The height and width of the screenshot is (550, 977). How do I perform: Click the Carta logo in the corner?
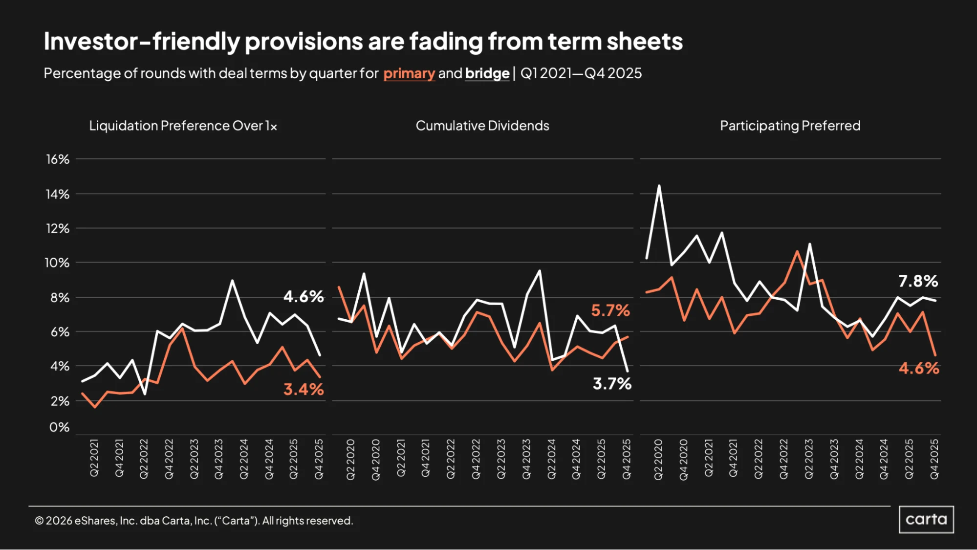click(x=926, y=519)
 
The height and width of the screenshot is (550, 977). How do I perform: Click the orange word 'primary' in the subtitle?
click(x=409, y=73)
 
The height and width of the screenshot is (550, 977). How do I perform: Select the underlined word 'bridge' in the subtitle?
click(x=487, y=73)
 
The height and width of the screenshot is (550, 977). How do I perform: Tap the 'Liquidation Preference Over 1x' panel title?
click(x=183, y=126)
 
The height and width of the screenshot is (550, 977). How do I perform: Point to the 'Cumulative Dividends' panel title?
click(x=482, y=126)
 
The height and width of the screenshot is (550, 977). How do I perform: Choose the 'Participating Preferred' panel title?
click(x=790, y=126)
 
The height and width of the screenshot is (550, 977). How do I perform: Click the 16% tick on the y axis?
click(x=58, y=159)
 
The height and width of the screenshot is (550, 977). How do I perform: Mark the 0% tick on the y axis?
click(x=60, y=427)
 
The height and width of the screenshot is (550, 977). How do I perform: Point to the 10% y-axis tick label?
click(x=57, y=263)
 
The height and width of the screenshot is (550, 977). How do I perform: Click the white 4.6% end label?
click(x=304, y=296)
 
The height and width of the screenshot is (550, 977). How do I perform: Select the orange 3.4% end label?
click(x=304, y=389)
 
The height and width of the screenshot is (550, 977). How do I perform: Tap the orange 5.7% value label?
click(x=610, y=310)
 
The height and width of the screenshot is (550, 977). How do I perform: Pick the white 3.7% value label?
click(x=612, y=383)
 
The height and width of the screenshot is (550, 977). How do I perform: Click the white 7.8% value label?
click(x=918, y=281)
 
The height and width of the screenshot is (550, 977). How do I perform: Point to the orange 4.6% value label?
click(x=919, y=368)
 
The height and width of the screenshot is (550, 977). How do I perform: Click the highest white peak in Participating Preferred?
click(x=659, y=186)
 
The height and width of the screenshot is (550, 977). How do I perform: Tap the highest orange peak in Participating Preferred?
click(x=797, y=251)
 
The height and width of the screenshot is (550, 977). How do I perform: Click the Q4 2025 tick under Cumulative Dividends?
click(x=627, y=459)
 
